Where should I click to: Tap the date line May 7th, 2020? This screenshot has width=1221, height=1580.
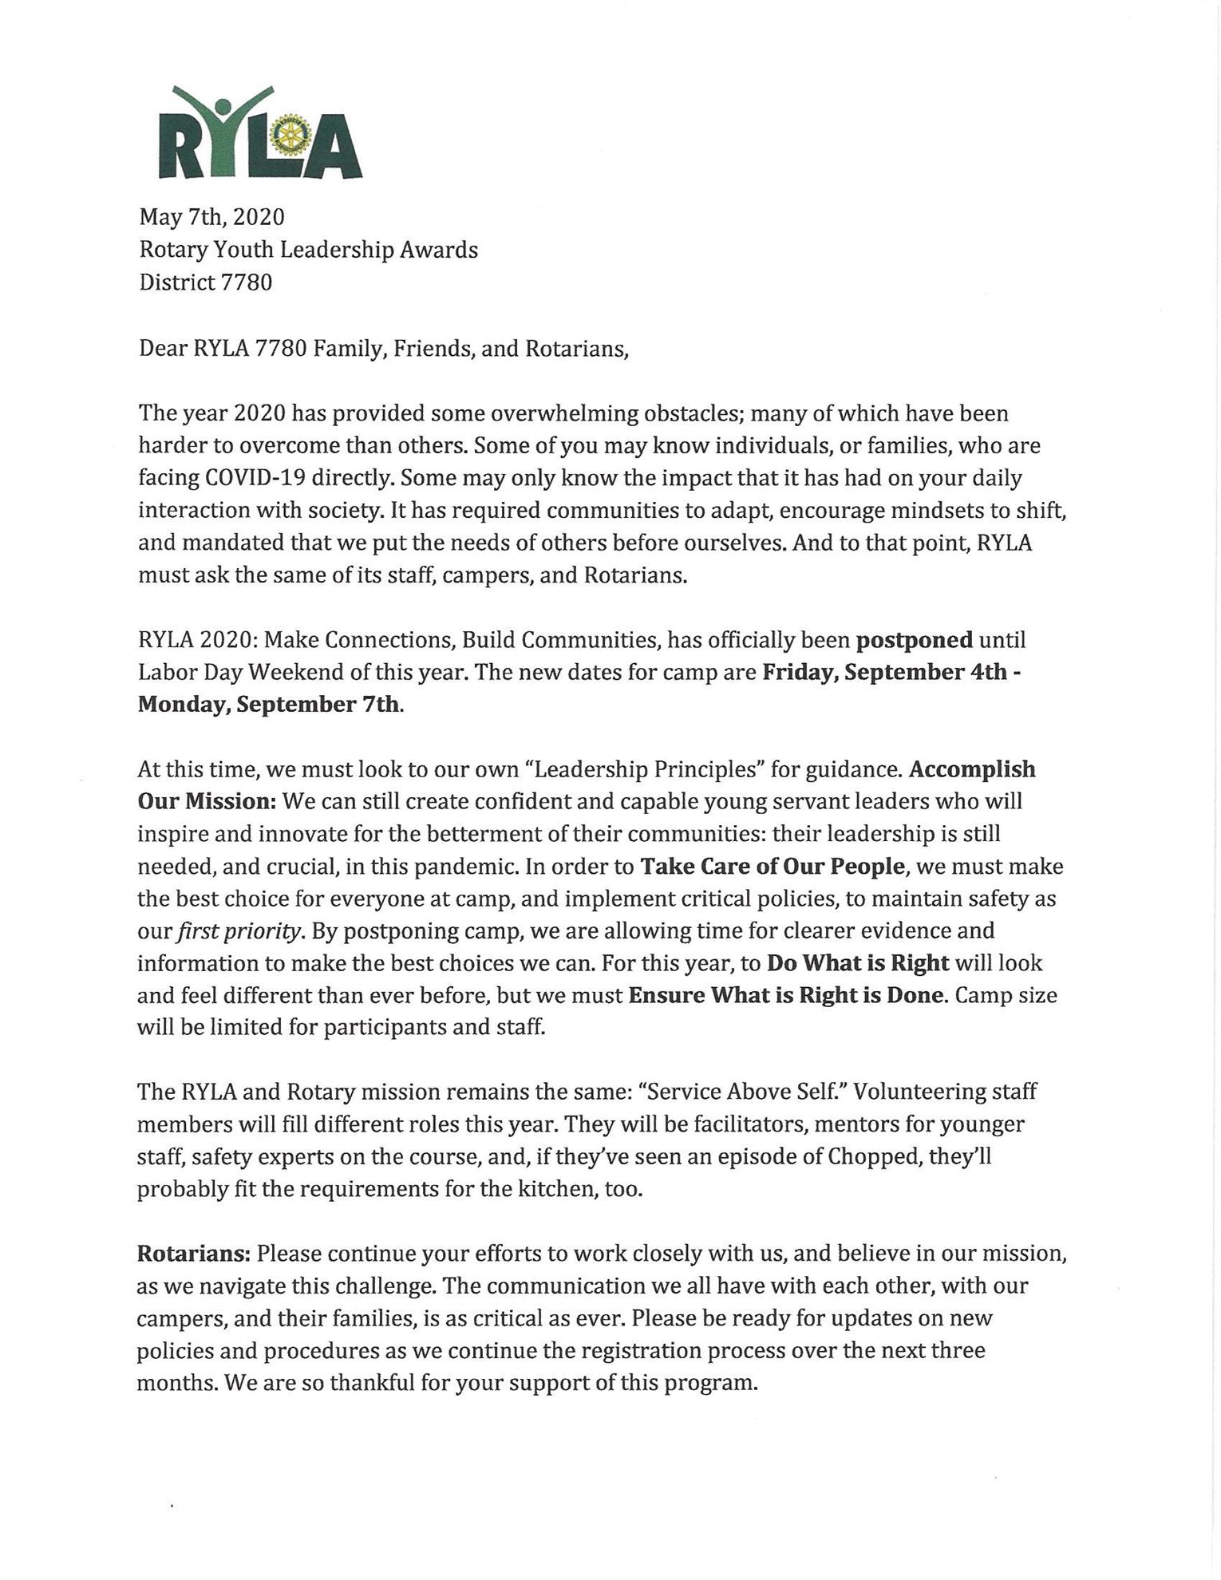[x=211, y=217]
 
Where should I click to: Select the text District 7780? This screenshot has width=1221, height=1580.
[x=205, y=282]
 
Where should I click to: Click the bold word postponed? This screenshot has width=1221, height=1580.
[x=914, y=641]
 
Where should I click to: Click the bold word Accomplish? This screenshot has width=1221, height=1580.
[x=972, y=770]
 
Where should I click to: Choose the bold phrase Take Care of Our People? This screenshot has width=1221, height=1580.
[x=773, y=867]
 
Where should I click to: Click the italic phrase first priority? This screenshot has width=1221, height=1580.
[x=239, y=932]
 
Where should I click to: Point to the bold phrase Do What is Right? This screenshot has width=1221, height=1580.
[x=858, y=963]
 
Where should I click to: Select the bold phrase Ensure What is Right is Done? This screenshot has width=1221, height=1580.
[x=787, y=996]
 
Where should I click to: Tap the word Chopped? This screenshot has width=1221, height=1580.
[x=861, y=1156]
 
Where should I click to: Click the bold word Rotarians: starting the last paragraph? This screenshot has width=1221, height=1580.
[x=194, y=1254]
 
